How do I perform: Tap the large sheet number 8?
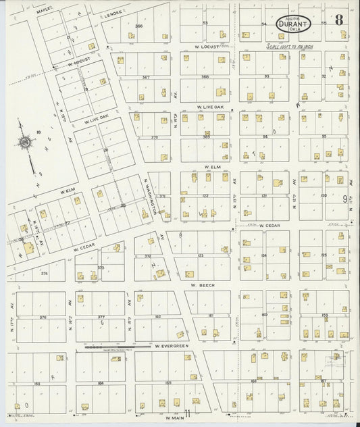338,21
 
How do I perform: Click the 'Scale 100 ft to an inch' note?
290,47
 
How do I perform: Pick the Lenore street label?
114,13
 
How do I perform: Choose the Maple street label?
43,11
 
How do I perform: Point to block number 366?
140,26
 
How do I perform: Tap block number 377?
101,316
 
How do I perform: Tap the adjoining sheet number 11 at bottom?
187,413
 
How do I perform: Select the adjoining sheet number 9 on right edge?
344,198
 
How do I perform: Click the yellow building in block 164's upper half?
115,359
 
